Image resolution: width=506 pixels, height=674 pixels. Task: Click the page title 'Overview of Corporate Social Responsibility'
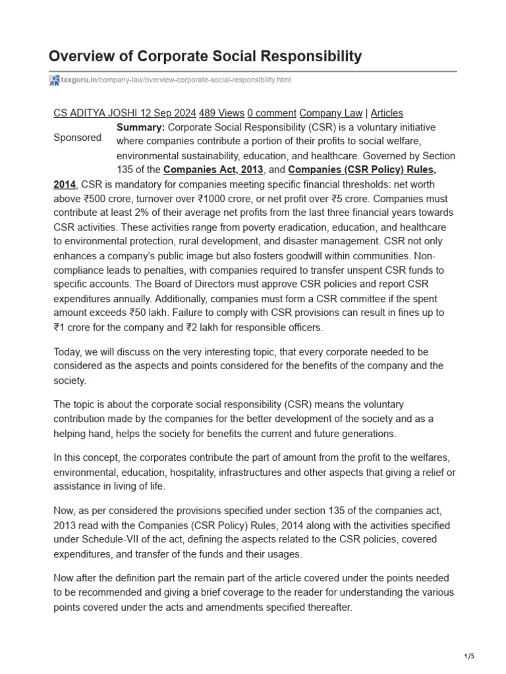point(206,56)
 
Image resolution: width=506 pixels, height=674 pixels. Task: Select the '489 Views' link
point(221,113)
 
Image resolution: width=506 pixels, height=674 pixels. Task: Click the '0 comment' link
point(271,113)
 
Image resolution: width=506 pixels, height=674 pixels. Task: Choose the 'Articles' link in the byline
point(387,113)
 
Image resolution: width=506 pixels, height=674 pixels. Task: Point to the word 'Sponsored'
point(77,138)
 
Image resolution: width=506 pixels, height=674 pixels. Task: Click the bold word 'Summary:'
point(140,127)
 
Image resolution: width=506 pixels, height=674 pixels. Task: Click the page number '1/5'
point(468,656)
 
